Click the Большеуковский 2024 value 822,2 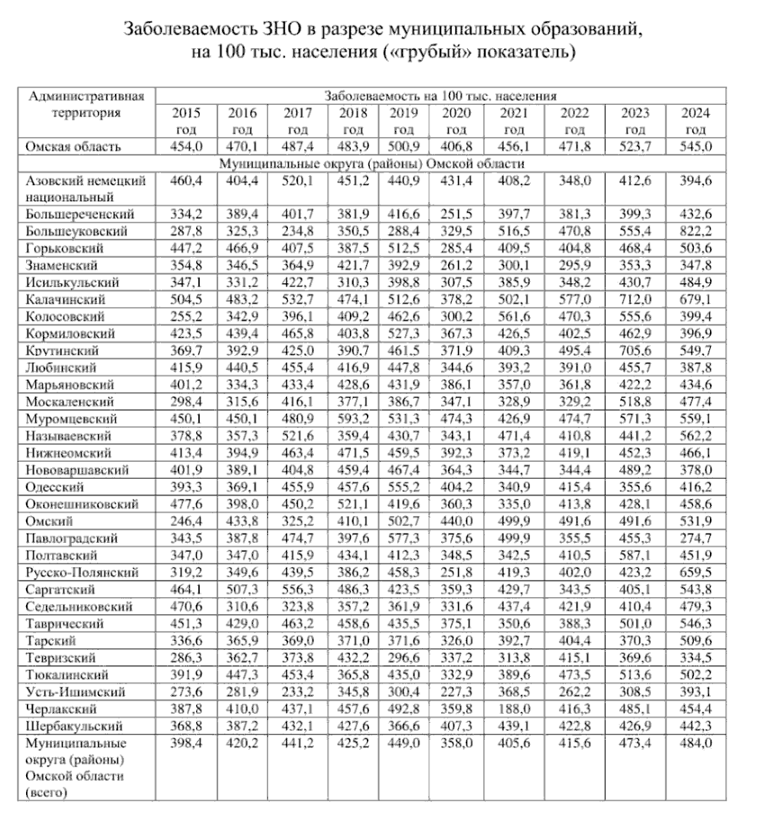coord(695,231)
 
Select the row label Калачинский coord(65,299)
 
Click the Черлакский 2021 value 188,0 coord(515,708)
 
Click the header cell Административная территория coord(87,104)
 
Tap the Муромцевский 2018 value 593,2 coord(352,419)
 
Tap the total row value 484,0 coord(695,743)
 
